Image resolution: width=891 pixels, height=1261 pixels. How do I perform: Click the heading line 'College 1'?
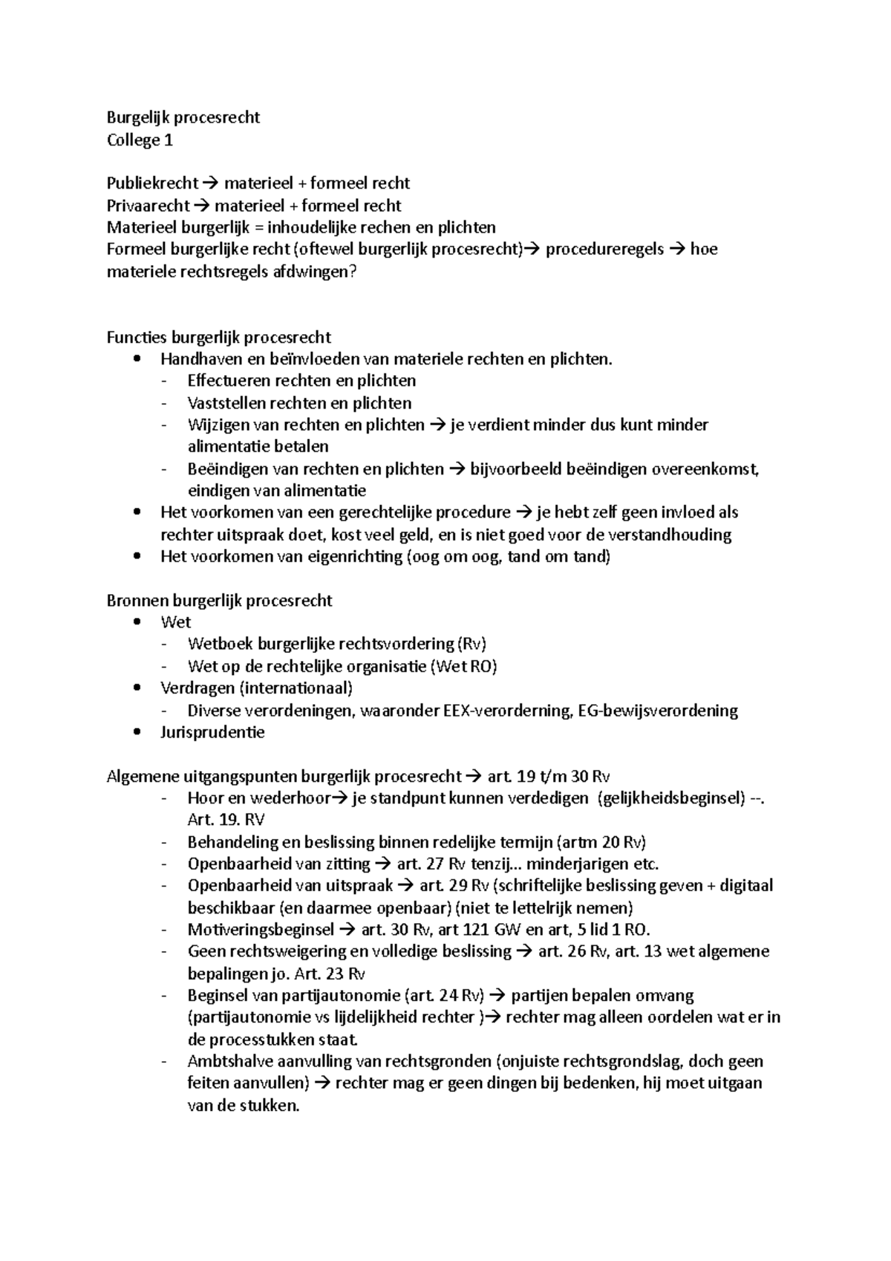(x=140, y=140)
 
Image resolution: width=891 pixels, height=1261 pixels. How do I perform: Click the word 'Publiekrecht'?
(x=152, y=183)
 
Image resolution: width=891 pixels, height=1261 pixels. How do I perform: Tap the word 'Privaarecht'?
(x=148, y=206)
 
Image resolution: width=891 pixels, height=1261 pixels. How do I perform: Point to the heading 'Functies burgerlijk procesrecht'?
(x=218, y=337)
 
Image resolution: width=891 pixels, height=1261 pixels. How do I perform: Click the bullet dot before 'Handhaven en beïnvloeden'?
(x=135, y=359)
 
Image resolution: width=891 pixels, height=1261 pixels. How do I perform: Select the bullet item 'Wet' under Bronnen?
(x=175, y=622)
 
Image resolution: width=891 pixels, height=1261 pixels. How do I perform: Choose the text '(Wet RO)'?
(x=463, y=666)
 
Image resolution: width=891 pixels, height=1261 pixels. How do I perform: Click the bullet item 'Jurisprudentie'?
(x=212, y=732)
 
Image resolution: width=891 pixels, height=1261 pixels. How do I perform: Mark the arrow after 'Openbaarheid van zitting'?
(x=383, y=864)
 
